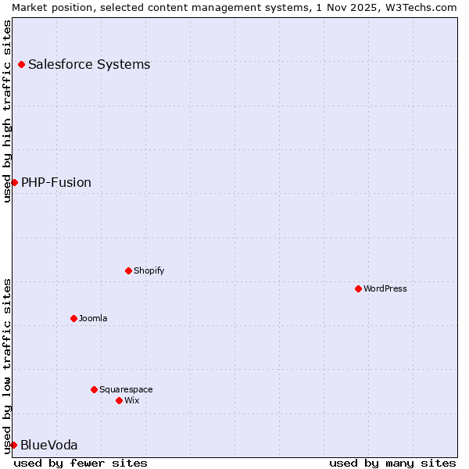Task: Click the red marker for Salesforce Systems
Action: click(x=21, y=64)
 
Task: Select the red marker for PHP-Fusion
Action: click(x=14, y=182)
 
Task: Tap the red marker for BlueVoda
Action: click(x=13, y=445)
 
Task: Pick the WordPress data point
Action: click(x=358, y=288)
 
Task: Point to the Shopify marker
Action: click(x=128, y=270)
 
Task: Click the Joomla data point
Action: click(x=73, y=318)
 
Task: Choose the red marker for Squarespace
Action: click(x=94, y=389)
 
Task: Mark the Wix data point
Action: click(x=119, y=400)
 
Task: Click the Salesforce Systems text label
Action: click(x=89, y=64)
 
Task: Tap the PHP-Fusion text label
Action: click(x=56, y=182)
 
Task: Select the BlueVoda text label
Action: click(x=49, y=445)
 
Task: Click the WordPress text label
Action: click(x=385, y=288)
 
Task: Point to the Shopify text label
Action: click(x=149, y=270)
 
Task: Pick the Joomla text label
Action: click(x=93, y=318)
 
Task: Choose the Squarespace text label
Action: click(x=126, y=389)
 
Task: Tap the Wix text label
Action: click(x=132, y=400)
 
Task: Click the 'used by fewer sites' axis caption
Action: click(x=81, y=463)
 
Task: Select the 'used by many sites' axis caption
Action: click(x=392, y=463)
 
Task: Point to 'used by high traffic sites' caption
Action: click(x=7, y=111)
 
